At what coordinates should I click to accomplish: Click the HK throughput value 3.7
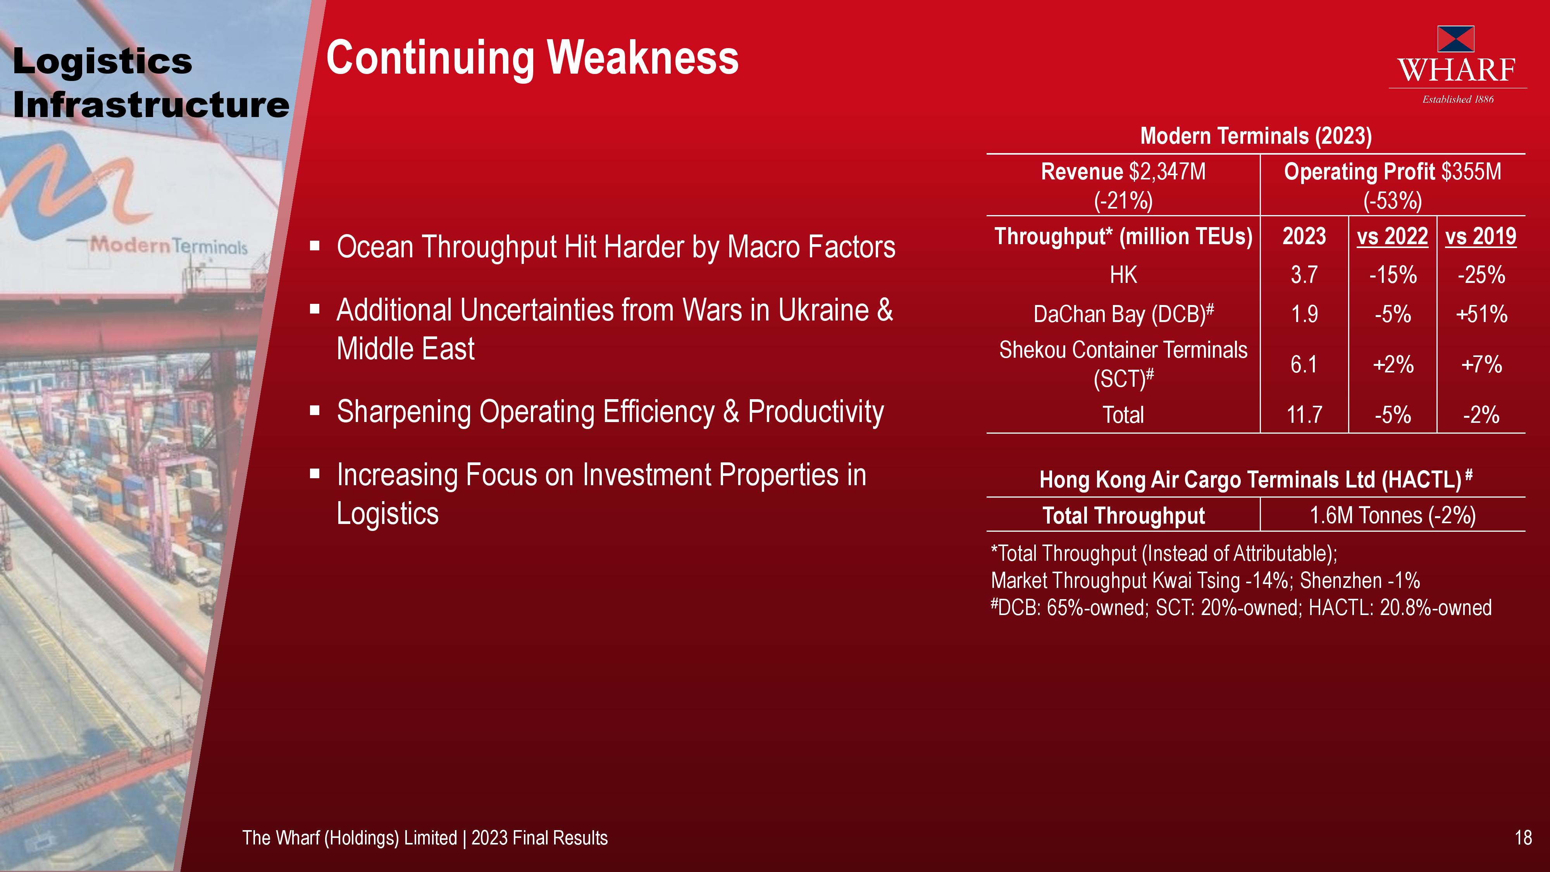1304,275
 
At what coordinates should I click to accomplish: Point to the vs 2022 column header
1392,236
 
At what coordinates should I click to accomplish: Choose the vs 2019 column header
1481,236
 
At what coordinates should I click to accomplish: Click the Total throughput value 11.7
1304,415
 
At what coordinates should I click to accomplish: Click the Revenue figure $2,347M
1167,172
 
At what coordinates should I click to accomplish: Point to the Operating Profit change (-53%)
1392,200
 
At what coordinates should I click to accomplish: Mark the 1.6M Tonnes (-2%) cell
1392,516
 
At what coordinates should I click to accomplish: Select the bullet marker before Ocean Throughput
315,246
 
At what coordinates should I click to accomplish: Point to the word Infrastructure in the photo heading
151,105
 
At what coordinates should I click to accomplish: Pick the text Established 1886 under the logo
1458,99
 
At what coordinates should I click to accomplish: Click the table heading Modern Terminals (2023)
1256,136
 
